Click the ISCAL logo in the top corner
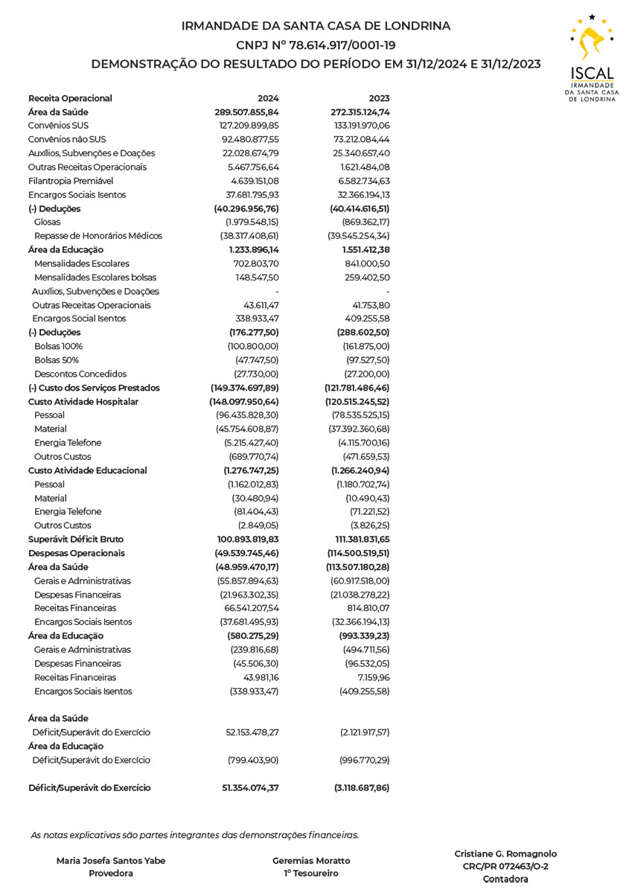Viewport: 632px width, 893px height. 591,57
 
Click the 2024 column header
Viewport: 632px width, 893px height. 268,98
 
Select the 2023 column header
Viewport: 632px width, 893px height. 379,98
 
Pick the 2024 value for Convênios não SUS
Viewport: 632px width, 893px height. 249,139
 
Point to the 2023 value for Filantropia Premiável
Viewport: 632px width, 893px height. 363,181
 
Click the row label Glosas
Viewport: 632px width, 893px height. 48,222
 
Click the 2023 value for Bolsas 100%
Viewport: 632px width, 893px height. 364,347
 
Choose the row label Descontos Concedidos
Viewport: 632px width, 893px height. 80,374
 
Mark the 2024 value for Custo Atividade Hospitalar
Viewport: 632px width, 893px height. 246,402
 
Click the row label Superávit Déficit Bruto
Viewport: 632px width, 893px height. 76,540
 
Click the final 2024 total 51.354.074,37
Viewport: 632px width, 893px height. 250,788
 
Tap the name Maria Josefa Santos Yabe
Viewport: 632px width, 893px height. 111,861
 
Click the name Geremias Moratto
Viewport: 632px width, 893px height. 311,861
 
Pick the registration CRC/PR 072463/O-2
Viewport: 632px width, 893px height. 505,866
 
